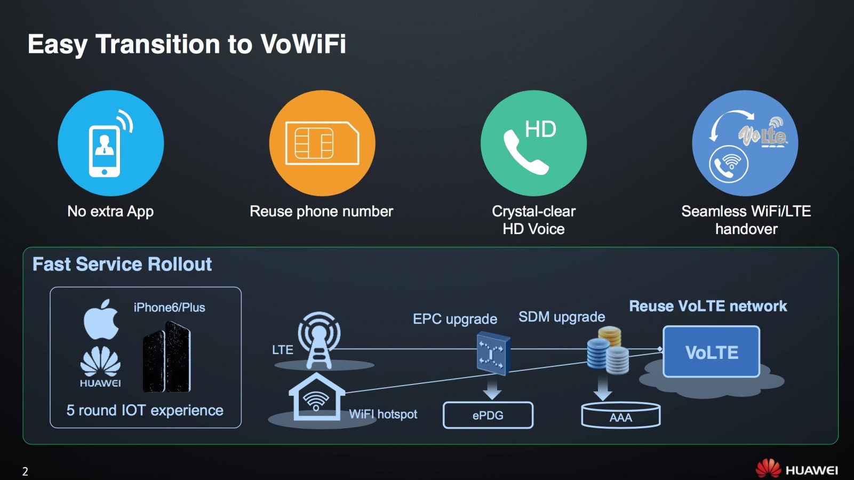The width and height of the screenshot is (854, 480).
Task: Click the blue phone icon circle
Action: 111,143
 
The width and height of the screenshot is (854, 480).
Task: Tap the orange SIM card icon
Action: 322,143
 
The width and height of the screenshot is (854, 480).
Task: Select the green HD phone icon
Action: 533,143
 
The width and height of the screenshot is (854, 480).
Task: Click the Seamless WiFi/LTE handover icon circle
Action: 745,143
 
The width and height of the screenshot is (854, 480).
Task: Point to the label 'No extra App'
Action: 110,212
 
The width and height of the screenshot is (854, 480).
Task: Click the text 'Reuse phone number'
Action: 321,212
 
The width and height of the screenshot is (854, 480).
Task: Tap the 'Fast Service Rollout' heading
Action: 122,265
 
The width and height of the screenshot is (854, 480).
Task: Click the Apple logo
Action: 101,319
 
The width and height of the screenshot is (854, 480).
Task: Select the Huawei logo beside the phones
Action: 100,366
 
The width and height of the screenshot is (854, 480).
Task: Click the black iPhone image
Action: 166,357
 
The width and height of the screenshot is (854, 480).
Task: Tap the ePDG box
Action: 488,415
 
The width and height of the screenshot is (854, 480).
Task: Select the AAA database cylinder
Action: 620,415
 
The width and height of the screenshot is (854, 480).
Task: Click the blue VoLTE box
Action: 711,352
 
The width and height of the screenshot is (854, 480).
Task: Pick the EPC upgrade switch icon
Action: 492,353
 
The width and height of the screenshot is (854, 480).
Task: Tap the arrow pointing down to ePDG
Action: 492,388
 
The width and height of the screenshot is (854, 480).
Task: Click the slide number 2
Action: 25,471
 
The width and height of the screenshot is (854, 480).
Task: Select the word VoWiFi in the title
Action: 303,44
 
